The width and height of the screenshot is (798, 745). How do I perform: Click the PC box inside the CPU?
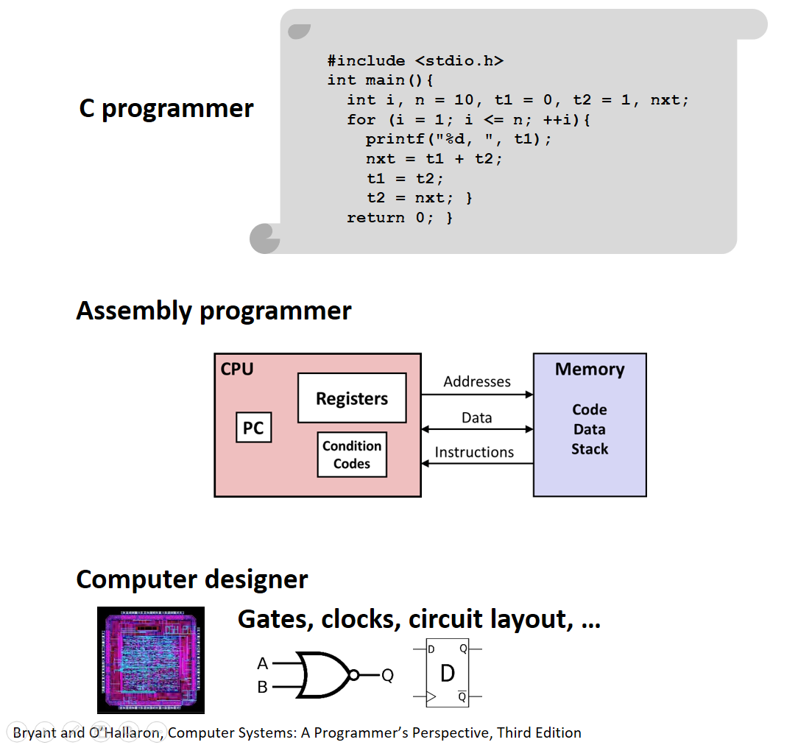tap(253, 428)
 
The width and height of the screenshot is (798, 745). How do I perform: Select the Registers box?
tap(352, 398)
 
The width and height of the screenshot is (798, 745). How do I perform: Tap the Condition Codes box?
tap(352, 455)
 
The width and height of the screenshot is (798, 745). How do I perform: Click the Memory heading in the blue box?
tap(590, 370)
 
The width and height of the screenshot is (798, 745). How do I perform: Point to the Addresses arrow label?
tap(477, 381)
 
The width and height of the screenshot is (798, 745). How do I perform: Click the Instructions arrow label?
tap(474, 452)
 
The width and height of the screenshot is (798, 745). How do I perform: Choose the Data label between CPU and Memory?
tap(476, 417)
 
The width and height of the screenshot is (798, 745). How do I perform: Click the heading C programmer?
tap(166, 108)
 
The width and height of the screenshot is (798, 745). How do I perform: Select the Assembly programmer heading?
tap(213, 311)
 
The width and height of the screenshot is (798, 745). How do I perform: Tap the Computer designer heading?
tap(192, 579)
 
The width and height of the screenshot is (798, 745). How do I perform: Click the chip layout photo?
tap(151, 660)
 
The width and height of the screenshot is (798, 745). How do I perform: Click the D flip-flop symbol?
tap(448, 674)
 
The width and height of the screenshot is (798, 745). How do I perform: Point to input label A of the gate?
tap(263, 663)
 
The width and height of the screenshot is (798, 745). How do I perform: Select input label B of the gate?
tap(263, 687)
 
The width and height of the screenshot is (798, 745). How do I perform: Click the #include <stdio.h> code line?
tap(415, 60)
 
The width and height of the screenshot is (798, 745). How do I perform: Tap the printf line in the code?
tap(458, 139)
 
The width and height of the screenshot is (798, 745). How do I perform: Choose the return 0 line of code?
tap(400, 218)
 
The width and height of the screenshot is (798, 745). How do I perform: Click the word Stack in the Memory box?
tap(590, 449)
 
